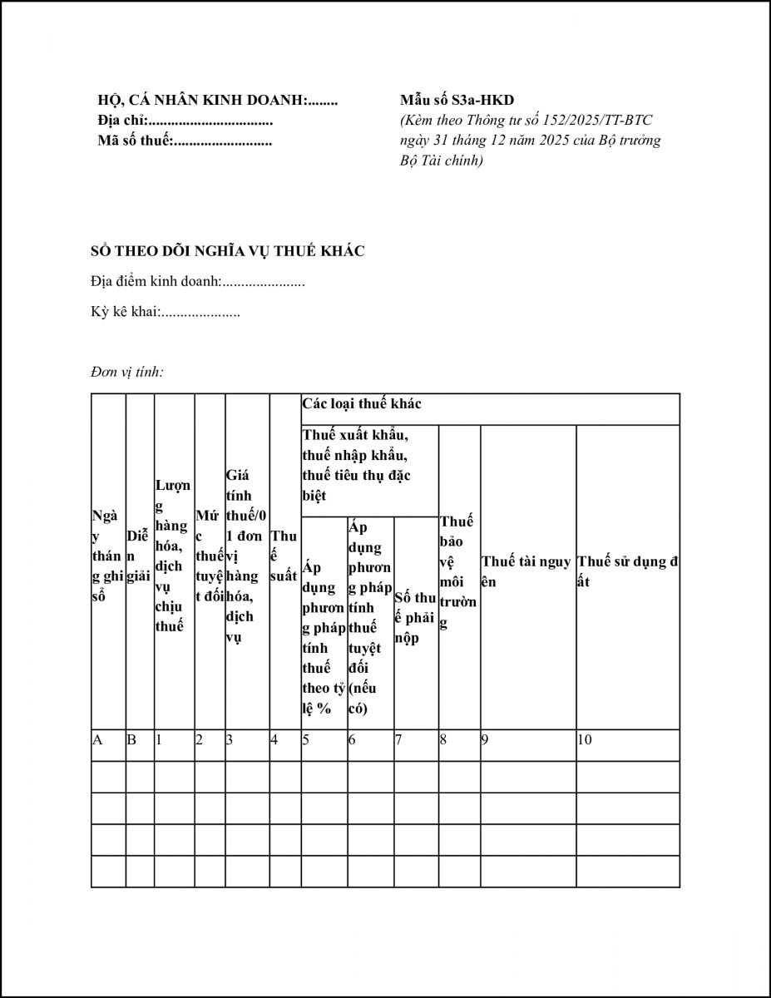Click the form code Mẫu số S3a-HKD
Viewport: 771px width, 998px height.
pyautogui.click(x=457, y=101)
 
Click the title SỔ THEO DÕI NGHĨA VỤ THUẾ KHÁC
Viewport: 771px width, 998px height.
pyautogui.click(x=228, y=251)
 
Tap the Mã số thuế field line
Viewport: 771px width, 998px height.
pyautogui.click(x=185, y=141)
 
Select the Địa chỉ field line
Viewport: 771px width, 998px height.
pyautogui.click(x=185, y=121)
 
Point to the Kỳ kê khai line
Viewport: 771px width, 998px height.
pyautogui.click(x=166, y=313)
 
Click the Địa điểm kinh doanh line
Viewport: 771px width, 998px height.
pyautogui.click(x=198, y=282)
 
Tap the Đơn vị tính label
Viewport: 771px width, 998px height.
pyautogui.click(x=127, y=372)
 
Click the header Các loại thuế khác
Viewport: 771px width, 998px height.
pyautogui.click(x=362, y=404)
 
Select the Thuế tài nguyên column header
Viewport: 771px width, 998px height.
pyautogui.click(x=526, y=571)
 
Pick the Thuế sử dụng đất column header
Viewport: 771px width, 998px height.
pyautogui.click(x=627, y=571)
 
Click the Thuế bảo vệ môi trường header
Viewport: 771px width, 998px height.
pyautogui.click(x=457, y=571)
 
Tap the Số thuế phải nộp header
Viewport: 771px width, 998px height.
pyautogui.click(x=415, y=618)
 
